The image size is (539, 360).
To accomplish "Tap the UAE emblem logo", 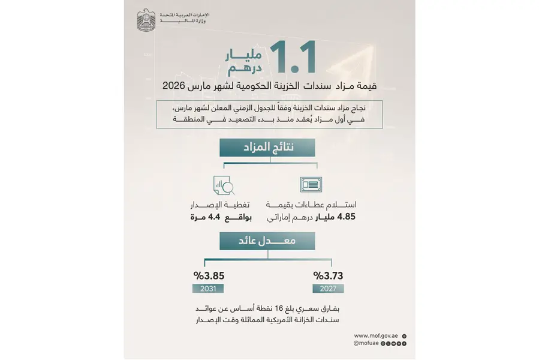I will tap(146, 21).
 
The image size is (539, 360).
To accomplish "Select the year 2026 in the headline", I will tap(175, 86).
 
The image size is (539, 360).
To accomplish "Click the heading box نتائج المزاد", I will tap(269, 147).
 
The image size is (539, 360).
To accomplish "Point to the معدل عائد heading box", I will tap(269, 241).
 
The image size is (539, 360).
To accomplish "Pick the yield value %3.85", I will tap(208, 276).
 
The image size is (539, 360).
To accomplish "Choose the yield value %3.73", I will tap(329, 276).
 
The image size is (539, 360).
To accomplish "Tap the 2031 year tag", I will tap(207, 289).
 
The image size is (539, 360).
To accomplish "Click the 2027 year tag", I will tap(329, 289).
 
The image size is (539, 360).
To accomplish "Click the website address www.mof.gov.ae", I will tap(376, 336).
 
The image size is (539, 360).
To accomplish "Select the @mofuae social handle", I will tap(367, 344).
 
